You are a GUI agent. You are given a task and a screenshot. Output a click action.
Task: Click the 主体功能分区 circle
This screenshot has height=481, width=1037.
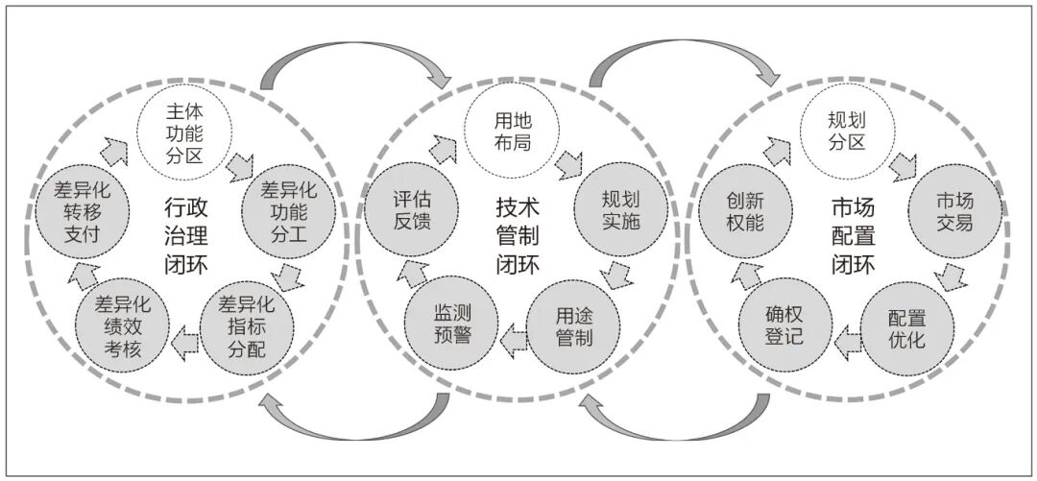(x=184, y=135)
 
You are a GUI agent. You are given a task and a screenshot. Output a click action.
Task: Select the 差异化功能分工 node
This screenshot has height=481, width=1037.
(x=289, y=211)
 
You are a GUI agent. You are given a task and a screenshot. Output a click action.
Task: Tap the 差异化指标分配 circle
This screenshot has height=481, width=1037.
(x=247, y=327)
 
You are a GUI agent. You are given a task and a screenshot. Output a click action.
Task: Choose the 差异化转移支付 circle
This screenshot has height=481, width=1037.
(x=82, y=211)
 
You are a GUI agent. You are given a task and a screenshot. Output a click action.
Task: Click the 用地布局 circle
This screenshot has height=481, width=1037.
(x=513, y=131)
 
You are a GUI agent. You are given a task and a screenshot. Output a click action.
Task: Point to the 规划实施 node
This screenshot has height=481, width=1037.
(x=621, y=209)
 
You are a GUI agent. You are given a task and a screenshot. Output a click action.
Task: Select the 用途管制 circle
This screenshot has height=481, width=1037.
(x=573, y=327)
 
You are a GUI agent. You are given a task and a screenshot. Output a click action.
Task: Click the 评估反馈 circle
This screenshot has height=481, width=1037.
(x=412, y=211)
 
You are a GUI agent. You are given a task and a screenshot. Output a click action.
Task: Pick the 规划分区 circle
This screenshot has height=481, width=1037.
(x=847, y=131)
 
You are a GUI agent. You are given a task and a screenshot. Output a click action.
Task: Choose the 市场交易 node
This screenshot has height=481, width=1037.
(x=955, y=211)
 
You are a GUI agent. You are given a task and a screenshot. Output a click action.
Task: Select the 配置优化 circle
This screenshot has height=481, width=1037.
(x=907, y=328)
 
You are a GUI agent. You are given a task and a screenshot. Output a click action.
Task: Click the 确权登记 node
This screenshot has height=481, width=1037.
(x=785, y=325)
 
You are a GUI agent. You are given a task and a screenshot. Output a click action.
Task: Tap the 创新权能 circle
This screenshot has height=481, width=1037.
(x=745, y=211)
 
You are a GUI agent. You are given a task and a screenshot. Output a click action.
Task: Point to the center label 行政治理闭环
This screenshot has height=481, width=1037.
(x=186, y=236)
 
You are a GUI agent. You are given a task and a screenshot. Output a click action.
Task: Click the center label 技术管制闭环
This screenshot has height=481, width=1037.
(x=518, y=236)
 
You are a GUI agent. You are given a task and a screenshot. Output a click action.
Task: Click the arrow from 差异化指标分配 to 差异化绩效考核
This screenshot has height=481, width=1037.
(x=184, y=343)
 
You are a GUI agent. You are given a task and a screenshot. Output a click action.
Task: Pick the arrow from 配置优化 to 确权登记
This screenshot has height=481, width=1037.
(x=847, y=343)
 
